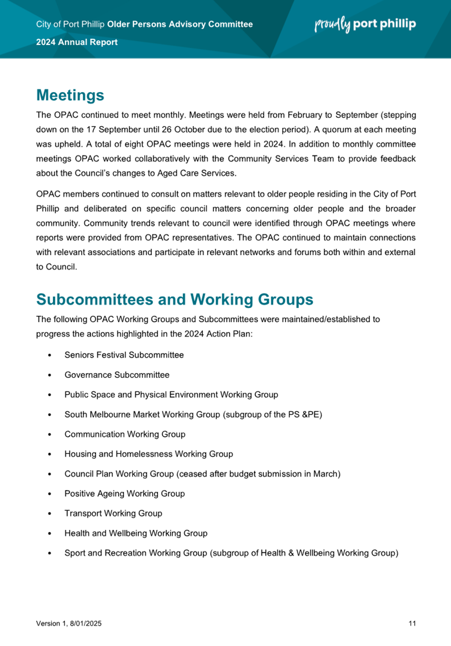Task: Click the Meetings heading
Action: click(70, 95)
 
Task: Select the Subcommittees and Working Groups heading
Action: click(175, 300)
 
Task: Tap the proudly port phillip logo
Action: click(365, 24)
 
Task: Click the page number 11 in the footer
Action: click(412, 623)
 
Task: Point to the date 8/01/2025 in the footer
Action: click(86, 623)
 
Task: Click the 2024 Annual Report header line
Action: click(77, 42)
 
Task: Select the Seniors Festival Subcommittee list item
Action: click(124, 355)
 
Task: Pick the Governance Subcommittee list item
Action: click(117, 375)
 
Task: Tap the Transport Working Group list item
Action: click(113, 513)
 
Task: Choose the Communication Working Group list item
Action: click(125, 434)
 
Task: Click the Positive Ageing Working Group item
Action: click(125, 494)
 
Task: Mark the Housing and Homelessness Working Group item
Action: click(149, 454)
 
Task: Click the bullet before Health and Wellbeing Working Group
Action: click(50, 534)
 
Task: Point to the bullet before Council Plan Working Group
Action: click(50, 474)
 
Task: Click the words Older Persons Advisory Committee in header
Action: click(180, 24)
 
